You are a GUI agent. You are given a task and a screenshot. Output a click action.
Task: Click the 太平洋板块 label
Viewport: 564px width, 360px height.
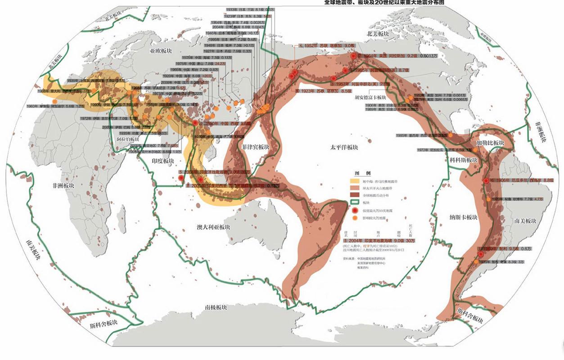click(343, 147)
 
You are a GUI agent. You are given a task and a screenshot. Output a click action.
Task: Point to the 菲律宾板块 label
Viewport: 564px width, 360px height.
click(255, 147)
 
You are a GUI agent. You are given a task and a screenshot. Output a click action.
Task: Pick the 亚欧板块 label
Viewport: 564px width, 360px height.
click(161, 51)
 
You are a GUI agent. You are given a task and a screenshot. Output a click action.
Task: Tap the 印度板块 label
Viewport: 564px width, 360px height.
click(162, 161)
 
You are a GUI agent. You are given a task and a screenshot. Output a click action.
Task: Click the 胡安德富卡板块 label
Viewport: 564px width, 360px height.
click(370, 97)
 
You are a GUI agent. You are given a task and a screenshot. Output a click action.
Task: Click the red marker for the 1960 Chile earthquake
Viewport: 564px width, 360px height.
click(481, 255)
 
